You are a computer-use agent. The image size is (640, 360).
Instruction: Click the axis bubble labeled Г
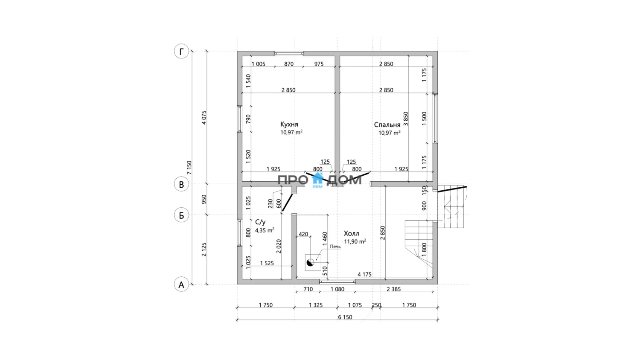pyautogui.click(x=181, y=52)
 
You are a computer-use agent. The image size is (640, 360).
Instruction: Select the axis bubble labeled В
pyautogui.click(x=181, y=184)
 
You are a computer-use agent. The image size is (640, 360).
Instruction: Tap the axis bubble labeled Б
pyautogui.click(x=181, y=215)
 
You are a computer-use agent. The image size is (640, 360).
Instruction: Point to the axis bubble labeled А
pyautogui.click(x=181, y=285)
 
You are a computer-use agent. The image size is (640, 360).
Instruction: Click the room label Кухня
pyautogui.click(x=289, y=125)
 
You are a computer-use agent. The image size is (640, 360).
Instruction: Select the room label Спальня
pyautogui.click(x=387, y=125)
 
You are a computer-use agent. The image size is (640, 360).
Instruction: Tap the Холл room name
pyautogui.click(x=352, y=233)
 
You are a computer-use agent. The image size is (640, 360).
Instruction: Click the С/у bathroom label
pyautogui.click(x=260, y=222)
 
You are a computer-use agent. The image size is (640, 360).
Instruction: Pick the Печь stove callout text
pyautogui.click(x=335, y=247)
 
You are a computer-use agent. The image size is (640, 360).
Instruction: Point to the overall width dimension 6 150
pyautogui.click(x=345, y=317)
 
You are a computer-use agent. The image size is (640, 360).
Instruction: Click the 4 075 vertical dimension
pyautogui.click(x=204, y=117)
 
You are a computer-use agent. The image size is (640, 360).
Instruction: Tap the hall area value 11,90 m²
pyautogui.click(x=355, y=241)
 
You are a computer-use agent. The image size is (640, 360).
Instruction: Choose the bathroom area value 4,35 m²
pyautogui.click(x=265, y=230)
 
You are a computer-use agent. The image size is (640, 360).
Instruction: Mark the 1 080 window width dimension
pyautogui.click(x=337, y=289)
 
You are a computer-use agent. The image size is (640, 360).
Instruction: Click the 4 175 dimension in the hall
pyautogui.click(x=364, y=274)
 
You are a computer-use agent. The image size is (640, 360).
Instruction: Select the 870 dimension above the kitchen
pyautogui.click(x=288, y=64)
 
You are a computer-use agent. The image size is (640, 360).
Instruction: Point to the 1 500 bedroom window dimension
pyautogui.click(x=424, y=117)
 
